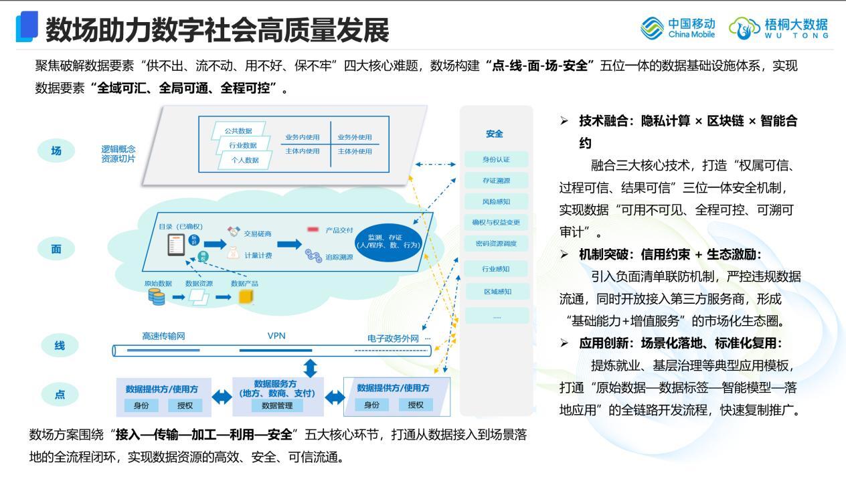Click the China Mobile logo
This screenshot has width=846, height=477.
(678, 28)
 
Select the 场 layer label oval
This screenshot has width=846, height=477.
(56, 151)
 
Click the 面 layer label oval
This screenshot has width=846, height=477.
(56, 249)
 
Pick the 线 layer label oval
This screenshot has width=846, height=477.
(59, 346)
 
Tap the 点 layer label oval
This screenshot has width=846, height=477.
(60, 395)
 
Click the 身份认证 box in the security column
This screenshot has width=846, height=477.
(496, 159)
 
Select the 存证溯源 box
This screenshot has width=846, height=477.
(496, 180)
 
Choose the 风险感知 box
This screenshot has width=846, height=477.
(496, 201)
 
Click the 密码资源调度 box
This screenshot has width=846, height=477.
(496, 243)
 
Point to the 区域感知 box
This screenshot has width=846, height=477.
(496, 291)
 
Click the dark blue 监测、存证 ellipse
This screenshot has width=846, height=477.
(390, 241)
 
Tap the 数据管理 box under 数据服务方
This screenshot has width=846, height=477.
(276, 405)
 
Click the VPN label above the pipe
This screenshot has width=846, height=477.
(276, 336)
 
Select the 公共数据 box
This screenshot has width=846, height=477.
(238, 130)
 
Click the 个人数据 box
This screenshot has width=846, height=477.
(245, 160)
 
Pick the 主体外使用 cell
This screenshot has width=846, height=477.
(354, 151)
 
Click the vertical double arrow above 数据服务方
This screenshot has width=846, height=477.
(311, 367)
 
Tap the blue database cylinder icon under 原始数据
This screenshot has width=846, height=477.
(157, 297)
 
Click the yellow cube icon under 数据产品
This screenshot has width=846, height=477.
(248, 296)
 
